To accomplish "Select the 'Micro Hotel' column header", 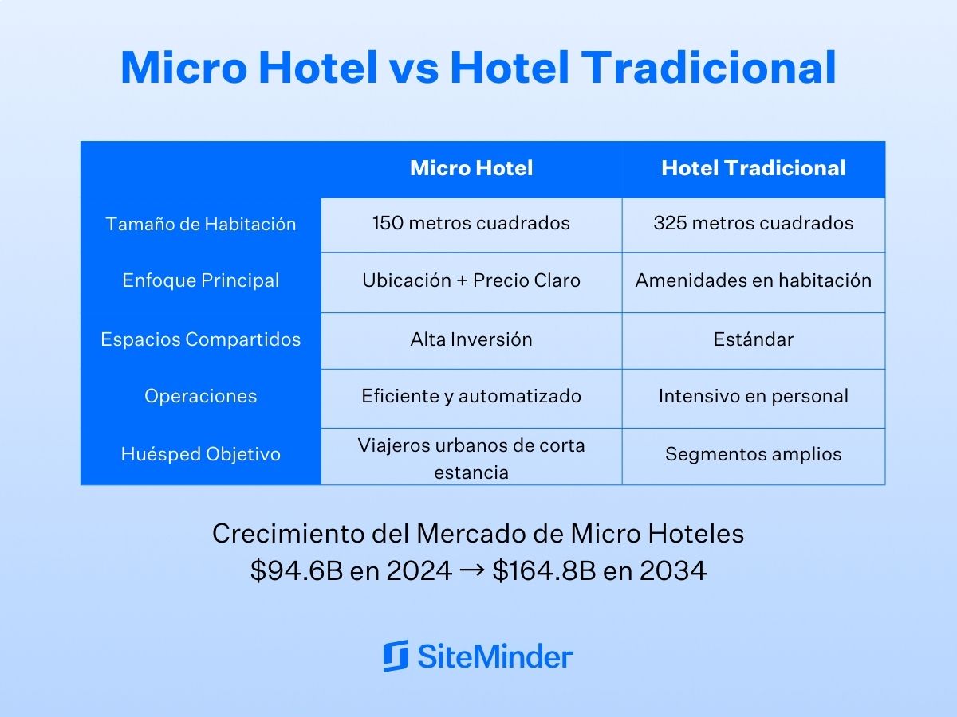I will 471,168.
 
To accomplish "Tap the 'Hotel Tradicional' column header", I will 754,168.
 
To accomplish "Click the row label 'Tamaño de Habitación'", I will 201,224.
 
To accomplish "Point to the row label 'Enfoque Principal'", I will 201,280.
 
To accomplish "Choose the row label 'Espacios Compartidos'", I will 201,339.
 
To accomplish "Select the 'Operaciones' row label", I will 201,396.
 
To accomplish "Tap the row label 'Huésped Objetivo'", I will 201,454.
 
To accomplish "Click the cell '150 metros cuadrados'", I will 471,223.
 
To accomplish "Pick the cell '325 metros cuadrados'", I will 754,223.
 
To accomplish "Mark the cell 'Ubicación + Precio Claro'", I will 471,280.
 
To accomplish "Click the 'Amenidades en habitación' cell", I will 754,280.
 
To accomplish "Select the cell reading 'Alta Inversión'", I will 471,339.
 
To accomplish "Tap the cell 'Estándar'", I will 754,339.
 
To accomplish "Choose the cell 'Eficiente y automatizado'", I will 471,396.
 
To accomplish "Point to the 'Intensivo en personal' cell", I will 754,396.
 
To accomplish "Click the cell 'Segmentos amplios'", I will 754,454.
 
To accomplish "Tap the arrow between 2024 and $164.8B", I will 472,570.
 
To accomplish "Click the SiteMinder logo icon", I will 396,656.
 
